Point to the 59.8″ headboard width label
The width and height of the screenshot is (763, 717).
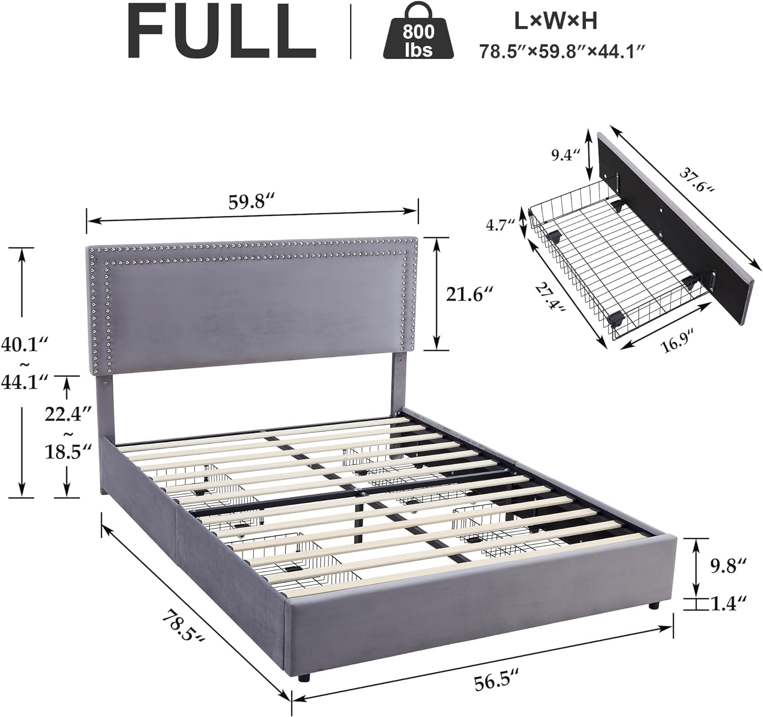pyautogui.click(x=253, y=202)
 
